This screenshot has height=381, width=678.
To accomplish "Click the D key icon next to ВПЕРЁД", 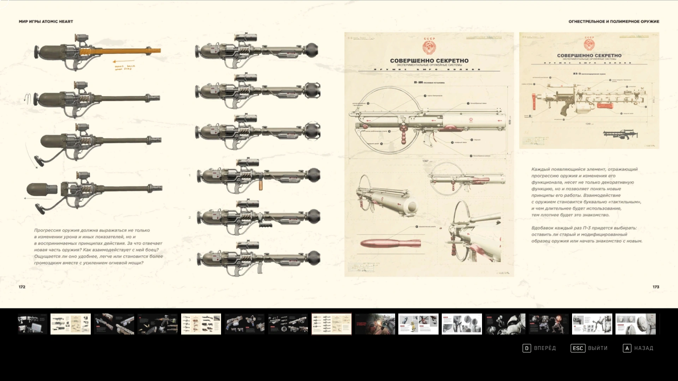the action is pos(527,348).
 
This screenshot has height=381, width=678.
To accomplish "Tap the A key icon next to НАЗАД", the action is pos(627,348).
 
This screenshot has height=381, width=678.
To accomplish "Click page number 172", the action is pos(22,287).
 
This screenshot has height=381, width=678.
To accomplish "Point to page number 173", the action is pos(656,287).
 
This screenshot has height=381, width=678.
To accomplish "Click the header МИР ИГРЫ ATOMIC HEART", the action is pos(46,22).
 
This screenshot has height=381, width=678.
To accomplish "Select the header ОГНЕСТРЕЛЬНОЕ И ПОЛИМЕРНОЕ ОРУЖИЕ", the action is pos(614,22).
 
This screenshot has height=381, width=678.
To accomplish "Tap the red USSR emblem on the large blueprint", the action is pos(429,47).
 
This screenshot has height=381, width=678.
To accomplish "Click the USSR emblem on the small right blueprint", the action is pos(589,44).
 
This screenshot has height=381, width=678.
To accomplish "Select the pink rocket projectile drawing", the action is pos(390,243).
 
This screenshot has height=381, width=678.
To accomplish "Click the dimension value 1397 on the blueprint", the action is pos(426,161).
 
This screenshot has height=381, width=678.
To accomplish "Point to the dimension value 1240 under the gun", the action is pos(588,124).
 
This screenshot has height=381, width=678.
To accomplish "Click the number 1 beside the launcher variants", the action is pos(190,175).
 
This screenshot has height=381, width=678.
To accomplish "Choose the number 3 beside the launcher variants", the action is pos(190,260).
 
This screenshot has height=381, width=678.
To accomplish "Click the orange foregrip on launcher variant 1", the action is pos(261,185).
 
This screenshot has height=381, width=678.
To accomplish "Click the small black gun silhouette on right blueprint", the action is pos(620,134).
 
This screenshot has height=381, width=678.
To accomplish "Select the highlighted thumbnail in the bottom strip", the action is pos(331,324).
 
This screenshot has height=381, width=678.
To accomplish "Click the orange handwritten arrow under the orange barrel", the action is pos(124,61).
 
